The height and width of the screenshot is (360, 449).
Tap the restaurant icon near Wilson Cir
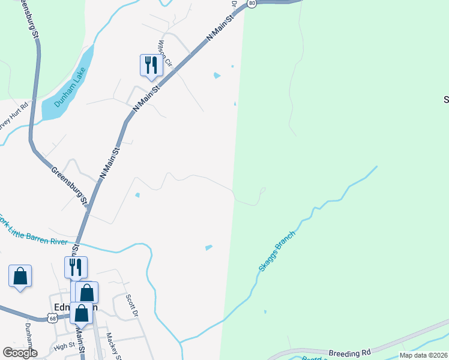[x=150, y=65]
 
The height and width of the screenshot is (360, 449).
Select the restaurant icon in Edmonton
[x=76, y=267]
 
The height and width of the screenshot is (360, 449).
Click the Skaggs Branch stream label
[x=277, y=250]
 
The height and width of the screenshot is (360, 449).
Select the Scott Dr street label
[x=131, y=305]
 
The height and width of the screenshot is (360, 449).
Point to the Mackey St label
[x=113, y=347]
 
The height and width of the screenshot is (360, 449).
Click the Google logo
[x=20, y=352]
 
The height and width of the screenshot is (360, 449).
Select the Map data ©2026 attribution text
[x=423, y=355]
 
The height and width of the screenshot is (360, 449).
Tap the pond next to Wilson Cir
[x=217, y=76]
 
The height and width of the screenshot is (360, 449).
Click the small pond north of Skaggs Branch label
[x=208, y=247]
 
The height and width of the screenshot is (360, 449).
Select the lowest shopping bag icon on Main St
[x=81, y=313]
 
